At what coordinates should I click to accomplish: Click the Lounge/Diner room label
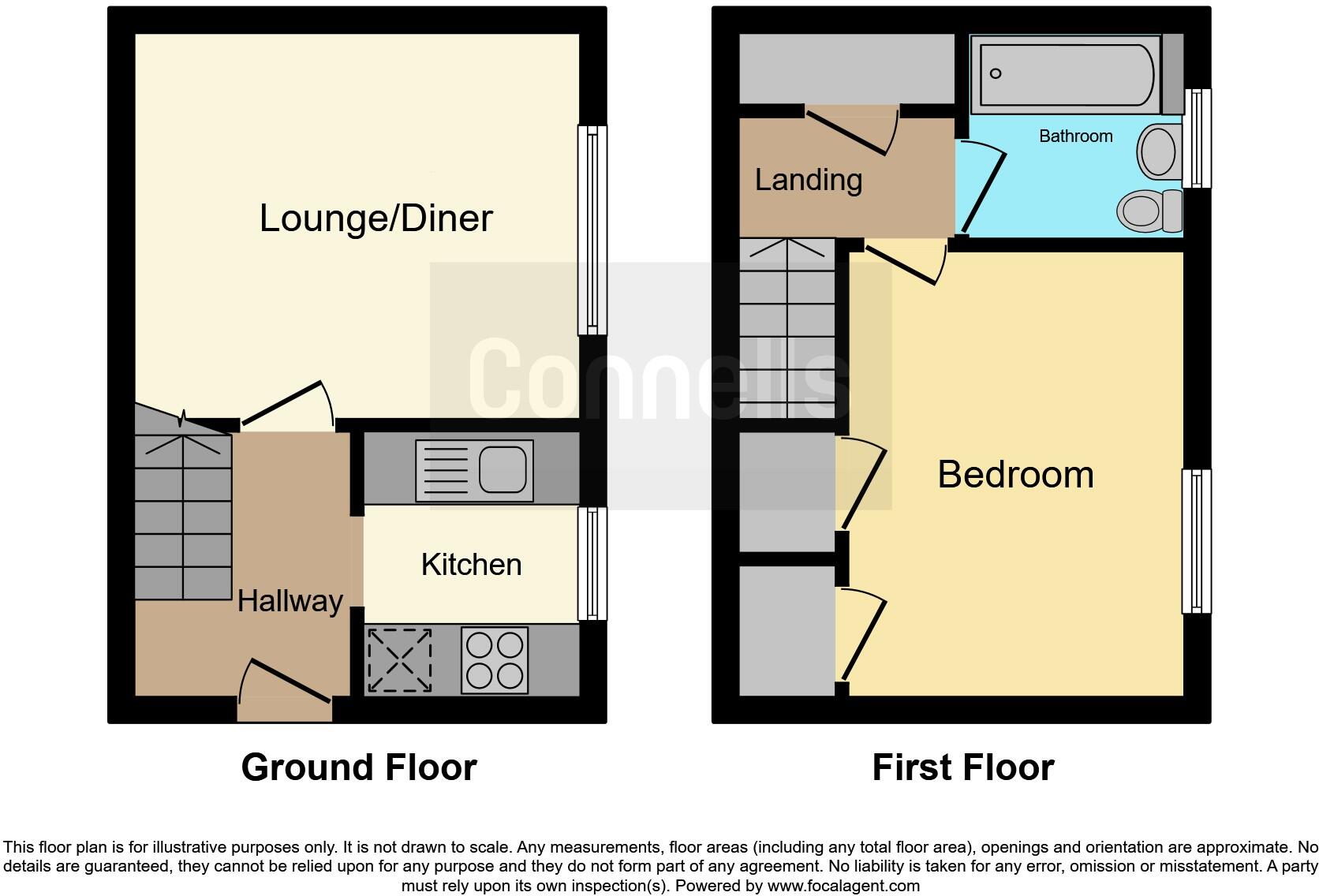[376, 218]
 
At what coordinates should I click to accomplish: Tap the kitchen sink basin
[503, 469]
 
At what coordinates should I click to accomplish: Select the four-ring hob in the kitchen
[495, 660]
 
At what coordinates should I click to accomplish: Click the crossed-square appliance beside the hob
[400, 660]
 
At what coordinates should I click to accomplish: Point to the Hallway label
[290, 602]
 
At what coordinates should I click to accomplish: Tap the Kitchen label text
[471, 565]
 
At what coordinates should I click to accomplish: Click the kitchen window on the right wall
[592, 563]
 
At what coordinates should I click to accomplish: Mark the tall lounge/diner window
[592, 230]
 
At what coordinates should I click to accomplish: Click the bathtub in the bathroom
[1065, 75]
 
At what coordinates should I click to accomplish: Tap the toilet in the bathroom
[1144, 211]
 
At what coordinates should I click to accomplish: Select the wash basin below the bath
[1157, 151]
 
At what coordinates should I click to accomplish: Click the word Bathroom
[1075, 136]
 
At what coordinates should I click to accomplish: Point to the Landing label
[808, 180]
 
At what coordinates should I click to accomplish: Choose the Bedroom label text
[1015, 475]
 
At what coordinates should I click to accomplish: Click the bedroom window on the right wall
[1196, 541]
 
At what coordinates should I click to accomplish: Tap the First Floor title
[962, 767]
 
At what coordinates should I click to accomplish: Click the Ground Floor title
[359, 767]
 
